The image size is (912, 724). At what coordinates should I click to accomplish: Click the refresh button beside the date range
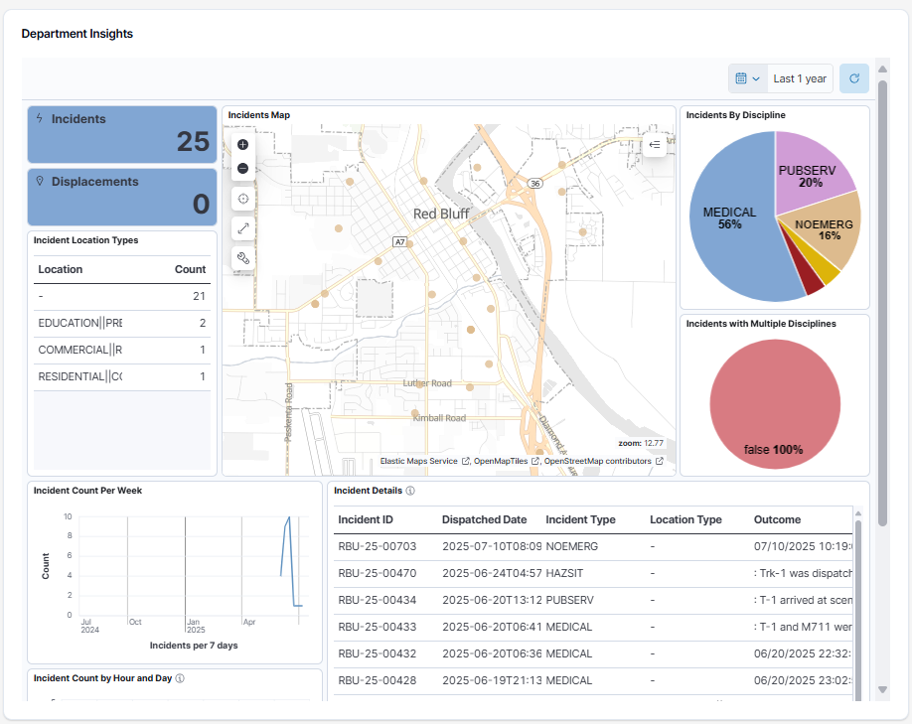click(x=853, y=78)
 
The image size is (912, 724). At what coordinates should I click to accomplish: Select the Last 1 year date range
click(x=799, y=78)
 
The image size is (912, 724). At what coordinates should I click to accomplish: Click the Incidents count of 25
click(x=193, y=142)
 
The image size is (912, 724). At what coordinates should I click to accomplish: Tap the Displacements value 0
click(x=201, y=205)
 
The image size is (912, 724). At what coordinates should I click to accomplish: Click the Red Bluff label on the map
click(x=441, y=214)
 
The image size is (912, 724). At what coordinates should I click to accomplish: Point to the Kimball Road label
click(x=438, y=418)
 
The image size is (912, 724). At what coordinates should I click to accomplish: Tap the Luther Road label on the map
click(x=427, y=383)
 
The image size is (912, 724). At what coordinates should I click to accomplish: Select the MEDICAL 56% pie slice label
click(x=729, y=217)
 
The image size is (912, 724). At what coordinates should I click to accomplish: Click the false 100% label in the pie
click(x=773, y=450)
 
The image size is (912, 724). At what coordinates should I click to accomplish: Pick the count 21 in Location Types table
click(x=199, y=296)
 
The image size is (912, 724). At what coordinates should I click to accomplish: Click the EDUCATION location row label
click(x=79, y=323)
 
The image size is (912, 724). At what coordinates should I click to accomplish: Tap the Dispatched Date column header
click(x=484, y=519)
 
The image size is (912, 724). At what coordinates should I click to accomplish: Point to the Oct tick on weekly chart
click(x=134, y=622)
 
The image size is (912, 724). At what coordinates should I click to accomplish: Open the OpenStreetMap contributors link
click(x=597, y=461)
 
